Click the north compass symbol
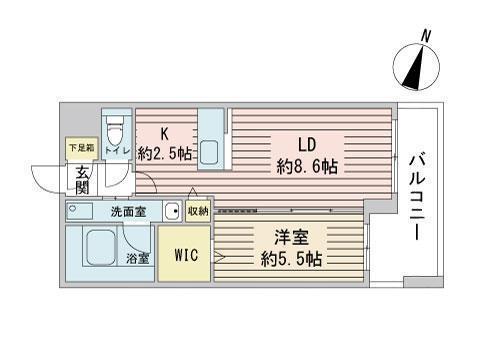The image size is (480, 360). coord(417,68)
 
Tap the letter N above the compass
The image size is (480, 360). coord(427,36)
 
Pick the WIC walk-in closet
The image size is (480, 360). coord(184,255)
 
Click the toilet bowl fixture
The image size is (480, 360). coord(116,130)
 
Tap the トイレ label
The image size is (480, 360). coord(116,154)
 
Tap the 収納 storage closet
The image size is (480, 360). coord(197,210)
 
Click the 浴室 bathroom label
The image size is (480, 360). coord(138,258)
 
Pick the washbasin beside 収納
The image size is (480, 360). coord(171,211)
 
